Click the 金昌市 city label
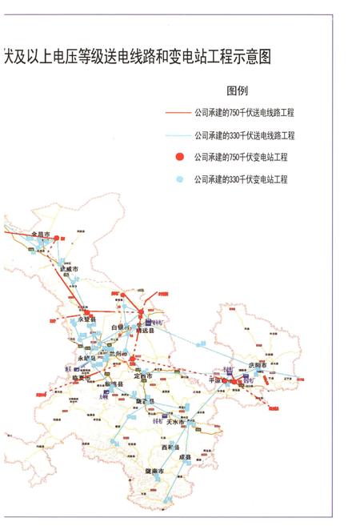(x=40, y=235)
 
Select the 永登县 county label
(x=87, y=319)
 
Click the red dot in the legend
(x=180, y=157)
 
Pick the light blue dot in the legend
(x=180, y=179)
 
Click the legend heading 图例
(x=238, y=90)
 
